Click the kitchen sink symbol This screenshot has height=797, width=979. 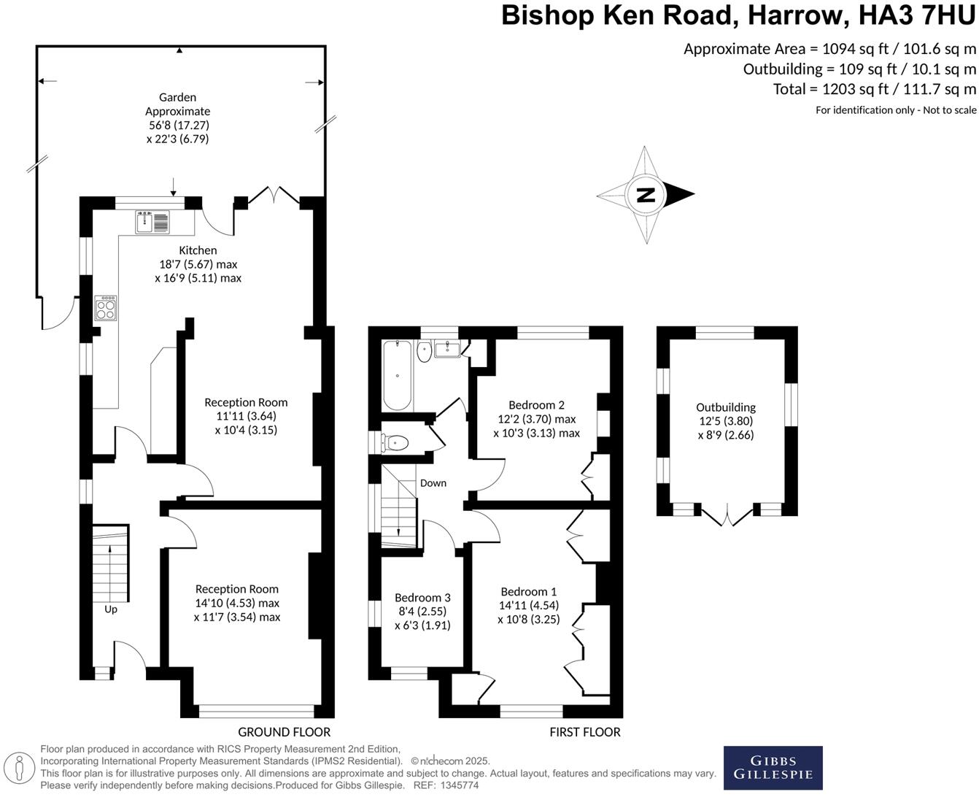point(152,221)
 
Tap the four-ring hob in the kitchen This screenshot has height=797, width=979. point(106,308)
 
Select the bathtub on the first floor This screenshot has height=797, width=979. point(398,375)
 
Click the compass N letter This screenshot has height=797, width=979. point(646,195)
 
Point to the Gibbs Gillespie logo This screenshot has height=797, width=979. point(773,768)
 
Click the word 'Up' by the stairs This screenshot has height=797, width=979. point(111,609)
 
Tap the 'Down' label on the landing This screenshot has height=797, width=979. point(433,483)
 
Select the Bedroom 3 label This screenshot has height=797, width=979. point(422,598)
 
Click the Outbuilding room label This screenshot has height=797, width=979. point(726,407)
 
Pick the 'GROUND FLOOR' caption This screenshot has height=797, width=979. point(285,732)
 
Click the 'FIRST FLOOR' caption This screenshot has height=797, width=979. point(585,732)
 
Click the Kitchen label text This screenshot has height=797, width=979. point(198,250)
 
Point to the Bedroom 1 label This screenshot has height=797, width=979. point(528,592)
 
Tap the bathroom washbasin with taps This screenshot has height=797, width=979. point(447,350)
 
